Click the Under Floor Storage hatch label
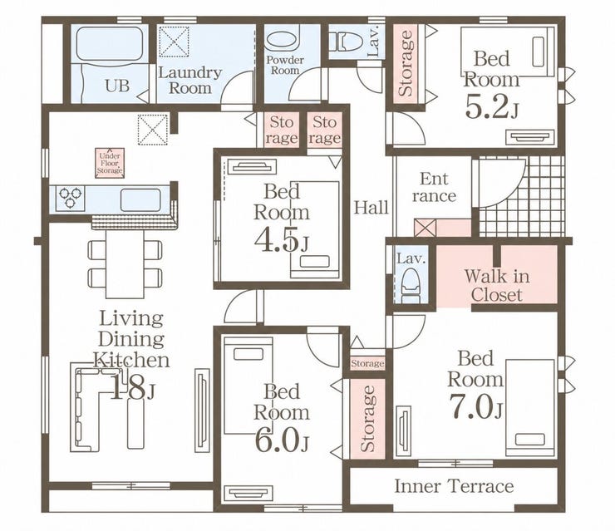[x=110, y=163]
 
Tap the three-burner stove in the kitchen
[x=71, y=199]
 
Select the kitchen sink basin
[x=140, y=199]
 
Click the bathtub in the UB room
[x=109, y=44]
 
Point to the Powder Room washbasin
[x=282, y=41]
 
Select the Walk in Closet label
[x=497, y=286]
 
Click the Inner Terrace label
[x=454, y=486]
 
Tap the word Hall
[x=371, y=208]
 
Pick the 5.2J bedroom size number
[x=491, y=106]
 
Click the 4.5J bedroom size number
[x=281, y=240]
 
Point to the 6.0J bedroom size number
[x=282, y=440]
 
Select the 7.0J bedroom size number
[x=475, y=406]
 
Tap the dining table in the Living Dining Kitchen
[x=125, y=264]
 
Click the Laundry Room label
[x=189, y=81]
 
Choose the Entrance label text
[x=435, y=187]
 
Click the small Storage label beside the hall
[x=367, y=363]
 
